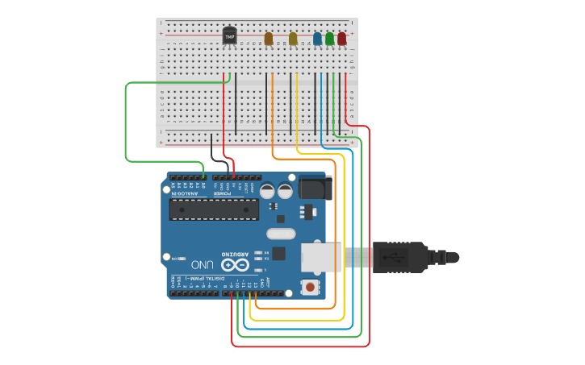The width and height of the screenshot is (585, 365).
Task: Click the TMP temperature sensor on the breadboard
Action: click(230, 36)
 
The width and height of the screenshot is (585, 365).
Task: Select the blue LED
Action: click(317, 39)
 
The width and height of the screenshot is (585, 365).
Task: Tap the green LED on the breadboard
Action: click(329, 39)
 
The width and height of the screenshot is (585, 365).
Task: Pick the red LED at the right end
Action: click(341, 39)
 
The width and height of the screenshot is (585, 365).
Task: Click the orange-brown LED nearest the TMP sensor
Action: click(269, 39)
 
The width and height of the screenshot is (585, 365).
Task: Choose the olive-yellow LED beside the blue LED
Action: click(293, 39)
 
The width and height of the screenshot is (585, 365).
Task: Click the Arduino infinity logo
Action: click(235, 264)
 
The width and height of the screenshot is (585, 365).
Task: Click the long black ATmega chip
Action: click(214, 209)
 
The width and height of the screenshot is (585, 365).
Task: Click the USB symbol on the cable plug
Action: click(397, 258)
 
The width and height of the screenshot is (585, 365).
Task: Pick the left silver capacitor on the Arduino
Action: click(266, 191)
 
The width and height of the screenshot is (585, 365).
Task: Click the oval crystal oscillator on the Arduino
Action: click(280, 234)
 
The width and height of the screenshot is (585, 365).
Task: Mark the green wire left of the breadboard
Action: click(126, 121)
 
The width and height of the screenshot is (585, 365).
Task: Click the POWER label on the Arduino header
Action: click(223, 193)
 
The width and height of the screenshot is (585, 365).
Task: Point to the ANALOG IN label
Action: click(186, 193)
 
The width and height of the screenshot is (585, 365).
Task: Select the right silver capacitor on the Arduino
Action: click(285, 191)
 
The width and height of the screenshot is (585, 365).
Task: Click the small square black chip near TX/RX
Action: click(278, 253)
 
